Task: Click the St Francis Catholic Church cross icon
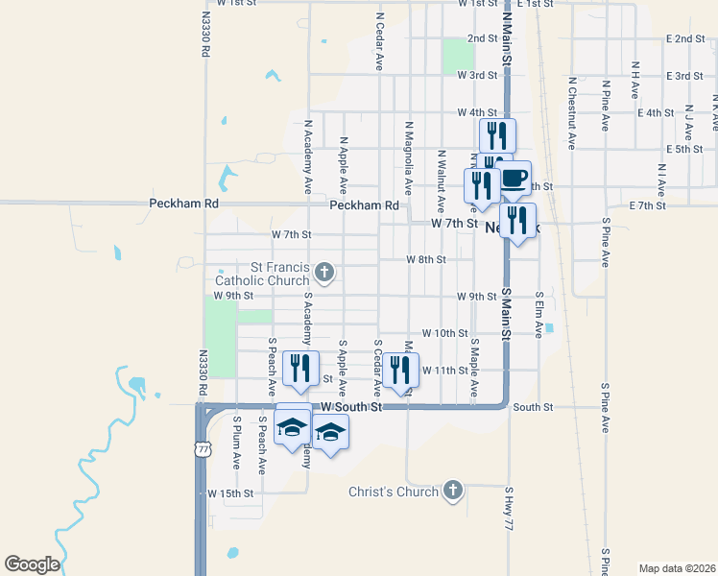[x=324, y=273]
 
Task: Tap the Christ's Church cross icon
[x=452, y=492]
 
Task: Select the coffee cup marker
[x=513, y=177]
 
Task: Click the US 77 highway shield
[x=202, y=448]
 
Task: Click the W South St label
[x=351, y=407]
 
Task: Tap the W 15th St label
[x=229, y=493]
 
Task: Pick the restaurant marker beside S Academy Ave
[x=301, y=369]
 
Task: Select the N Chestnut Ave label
[x=571, y=113]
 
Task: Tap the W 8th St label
[x=425, y=260]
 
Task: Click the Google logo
[x=32, y=564]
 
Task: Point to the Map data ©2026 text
[x=677, y=567]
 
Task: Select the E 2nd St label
[x=685, y=38]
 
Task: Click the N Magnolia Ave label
[x=409, y=153]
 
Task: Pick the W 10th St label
[x=443, y=333]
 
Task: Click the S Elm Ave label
[x=539, y=315]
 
